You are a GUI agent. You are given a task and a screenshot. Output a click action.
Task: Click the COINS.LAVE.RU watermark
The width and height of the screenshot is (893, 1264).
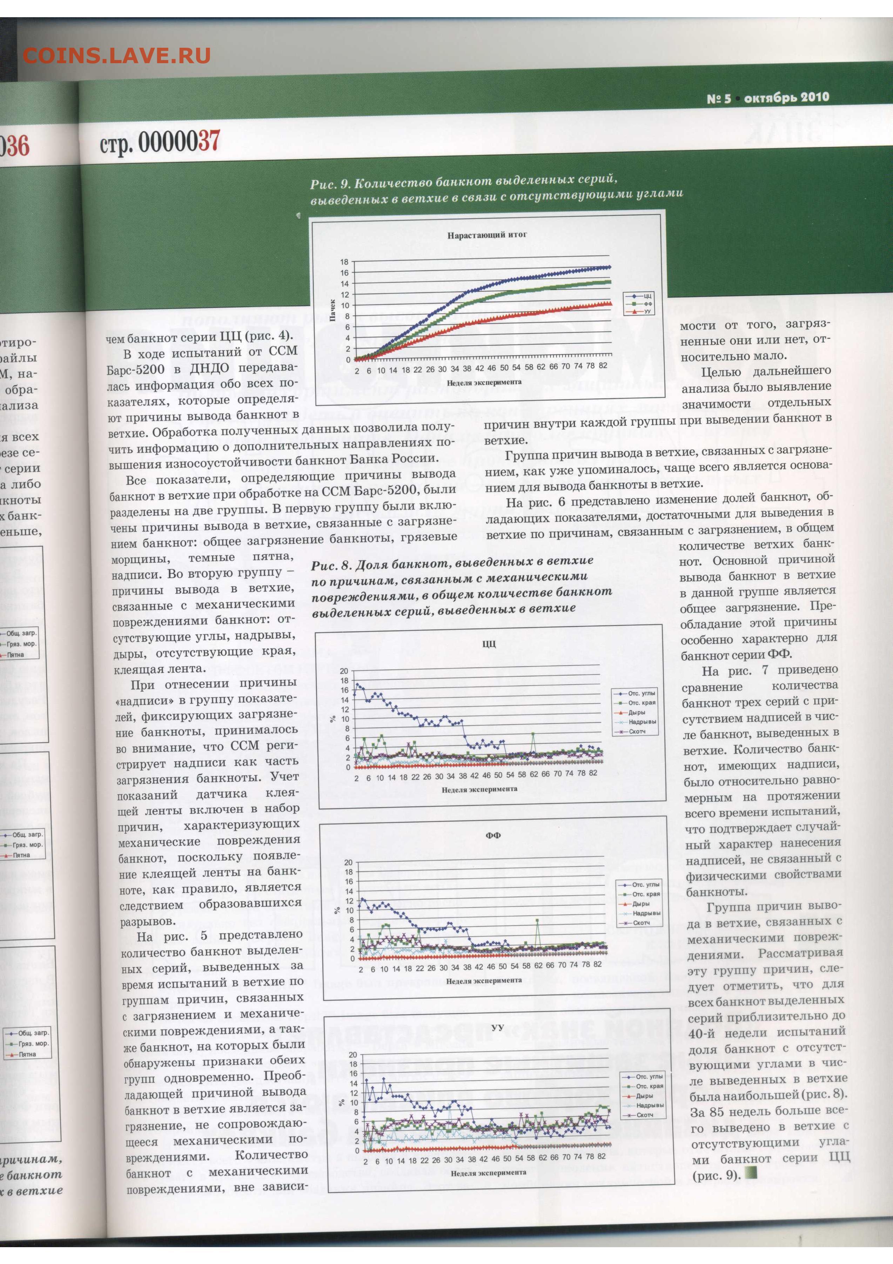117,55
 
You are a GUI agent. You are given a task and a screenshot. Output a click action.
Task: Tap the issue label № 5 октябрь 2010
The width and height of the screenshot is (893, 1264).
767,98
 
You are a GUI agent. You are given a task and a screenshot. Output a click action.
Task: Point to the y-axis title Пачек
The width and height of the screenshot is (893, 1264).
332,310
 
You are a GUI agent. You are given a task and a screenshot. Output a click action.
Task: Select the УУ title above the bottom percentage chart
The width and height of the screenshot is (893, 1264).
497,1028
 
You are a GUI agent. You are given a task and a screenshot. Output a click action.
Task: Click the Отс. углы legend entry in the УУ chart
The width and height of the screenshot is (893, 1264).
649,1076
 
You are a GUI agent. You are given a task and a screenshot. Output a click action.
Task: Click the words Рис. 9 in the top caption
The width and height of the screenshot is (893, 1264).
330,184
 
